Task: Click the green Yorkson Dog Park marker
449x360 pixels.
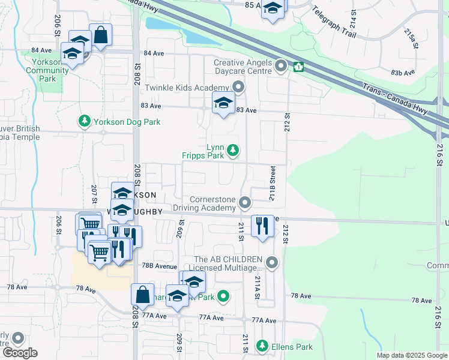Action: pos(85,122)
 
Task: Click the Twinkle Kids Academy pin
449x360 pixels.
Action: pos(238,88)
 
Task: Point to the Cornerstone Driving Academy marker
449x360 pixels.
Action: pos(245,203)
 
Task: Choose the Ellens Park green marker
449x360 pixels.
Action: pos(262,346)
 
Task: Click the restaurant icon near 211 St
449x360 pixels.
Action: pos(262,226)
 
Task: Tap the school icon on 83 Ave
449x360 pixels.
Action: pos(223,103)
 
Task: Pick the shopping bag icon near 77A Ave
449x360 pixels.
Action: pos(142,295)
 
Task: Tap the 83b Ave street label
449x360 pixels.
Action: pos(403,73)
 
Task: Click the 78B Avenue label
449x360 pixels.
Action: pos(160,266)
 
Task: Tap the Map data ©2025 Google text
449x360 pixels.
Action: pos(411,355)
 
